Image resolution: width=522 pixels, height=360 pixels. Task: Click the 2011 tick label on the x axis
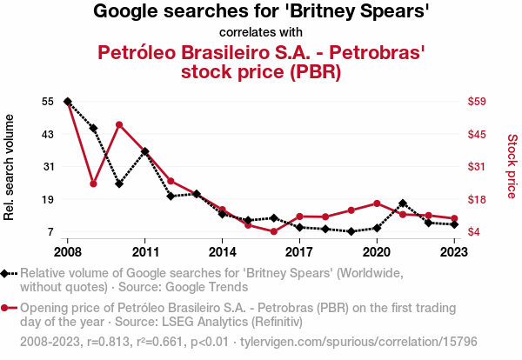(x=144, y=252)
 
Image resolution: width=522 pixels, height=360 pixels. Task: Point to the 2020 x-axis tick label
(x=376, y=252)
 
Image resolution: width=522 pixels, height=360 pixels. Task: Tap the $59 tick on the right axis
(x=477, y=102)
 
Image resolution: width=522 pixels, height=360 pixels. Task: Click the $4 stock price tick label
(x=474, y=231)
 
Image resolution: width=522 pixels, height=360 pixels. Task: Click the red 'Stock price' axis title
(x=512, y=165)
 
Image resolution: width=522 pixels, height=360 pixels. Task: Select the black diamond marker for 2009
(x=93, y=128)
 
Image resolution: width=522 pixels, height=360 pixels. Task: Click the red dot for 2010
(x=119, y=125)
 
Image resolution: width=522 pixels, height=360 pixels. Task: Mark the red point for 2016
(x=273, y=231)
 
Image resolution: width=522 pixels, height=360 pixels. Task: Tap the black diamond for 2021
(x=402, y=203)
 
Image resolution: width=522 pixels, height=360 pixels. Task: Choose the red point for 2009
(x=93, y=183)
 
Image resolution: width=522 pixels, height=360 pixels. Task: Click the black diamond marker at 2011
(x=144, y=151)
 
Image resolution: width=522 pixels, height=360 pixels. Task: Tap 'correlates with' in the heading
(x=261, y=33)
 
